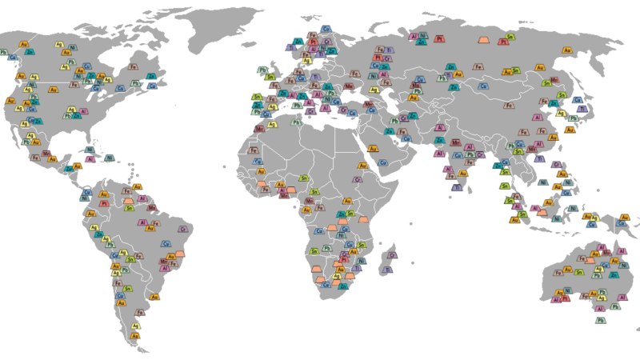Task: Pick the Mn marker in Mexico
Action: (46, 154)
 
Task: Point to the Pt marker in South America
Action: (104, 203)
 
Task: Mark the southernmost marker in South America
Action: (134, 335)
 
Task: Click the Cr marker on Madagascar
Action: (392, 255)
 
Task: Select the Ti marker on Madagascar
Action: (386, 270)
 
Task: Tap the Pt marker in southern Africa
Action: (345, 260)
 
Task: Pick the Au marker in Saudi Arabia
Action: (372, 148)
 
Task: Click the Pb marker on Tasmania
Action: (600, 320)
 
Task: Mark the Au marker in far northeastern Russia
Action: (567, 50)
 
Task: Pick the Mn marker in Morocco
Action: (259, 128)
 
